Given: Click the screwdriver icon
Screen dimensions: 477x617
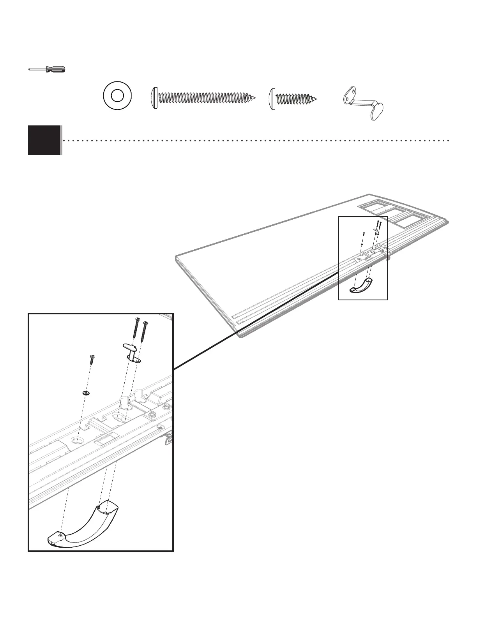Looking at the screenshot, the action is pyautogui.click(x=47, y=70).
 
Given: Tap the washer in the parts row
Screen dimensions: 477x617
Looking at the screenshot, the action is pyautogui.click(x=117, y=95).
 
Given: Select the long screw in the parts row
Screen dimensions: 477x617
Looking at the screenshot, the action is pyautogui.click(x=203, y=97).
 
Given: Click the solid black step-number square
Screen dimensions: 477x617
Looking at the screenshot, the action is pyautogui.click(x=44, y=140).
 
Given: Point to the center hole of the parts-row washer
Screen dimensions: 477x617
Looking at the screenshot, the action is pyautogui.click(x=117, y=95).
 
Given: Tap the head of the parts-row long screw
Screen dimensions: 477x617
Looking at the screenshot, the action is pyautogui.click(x=154, y=97).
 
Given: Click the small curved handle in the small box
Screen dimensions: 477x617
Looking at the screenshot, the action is pyautogui.click(x=362, y=286).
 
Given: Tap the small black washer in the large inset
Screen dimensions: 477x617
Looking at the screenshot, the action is pyautogui.click(x=86, y=393).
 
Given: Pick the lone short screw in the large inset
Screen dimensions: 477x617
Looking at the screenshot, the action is pyautogui.click(x=93, y=359).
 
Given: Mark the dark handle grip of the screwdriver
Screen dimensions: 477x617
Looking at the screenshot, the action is pyautogui.click(x=55, y=70).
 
